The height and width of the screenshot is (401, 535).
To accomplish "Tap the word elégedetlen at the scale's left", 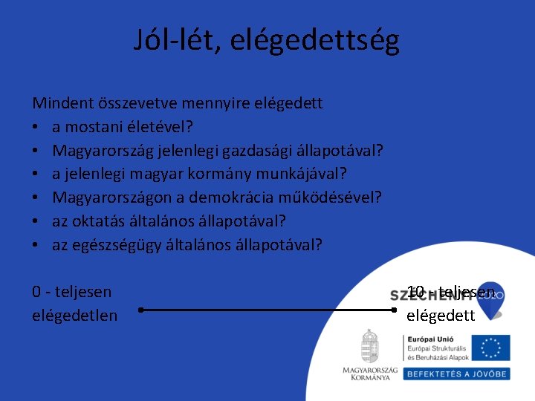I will [74, 316].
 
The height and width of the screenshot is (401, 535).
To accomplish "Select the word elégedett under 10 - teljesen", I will [440, 316].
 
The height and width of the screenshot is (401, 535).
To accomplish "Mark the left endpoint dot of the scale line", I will [140, 310].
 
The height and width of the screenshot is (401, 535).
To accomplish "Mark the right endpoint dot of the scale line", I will [395, 310].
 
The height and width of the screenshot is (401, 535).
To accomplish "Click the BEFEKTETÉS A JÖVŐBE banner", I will [456, 374].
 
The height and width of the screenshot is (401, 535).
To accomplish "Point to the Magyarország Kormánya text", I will [369, 373].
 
